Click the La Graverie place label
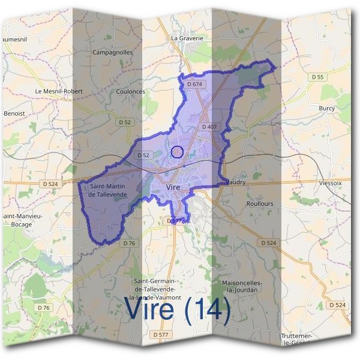click(187, 38)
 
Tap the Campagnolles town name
click(112, 53)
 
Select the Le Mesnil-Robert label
click(58, 91)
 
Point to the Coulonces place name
click(130, 92)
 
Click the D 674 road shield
click(194, 84)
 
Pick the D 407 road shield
click(209, 127)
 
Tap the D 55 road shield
click(318, 77)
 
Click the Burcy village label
click(327, 109)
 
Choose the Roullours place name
click(259, 203)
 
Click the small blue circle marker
click(176, 152)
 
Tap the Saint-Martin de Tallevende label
click(108, 191)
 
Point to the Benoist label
click(14, 113)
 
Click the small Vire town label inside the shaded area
click(173, 188)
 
